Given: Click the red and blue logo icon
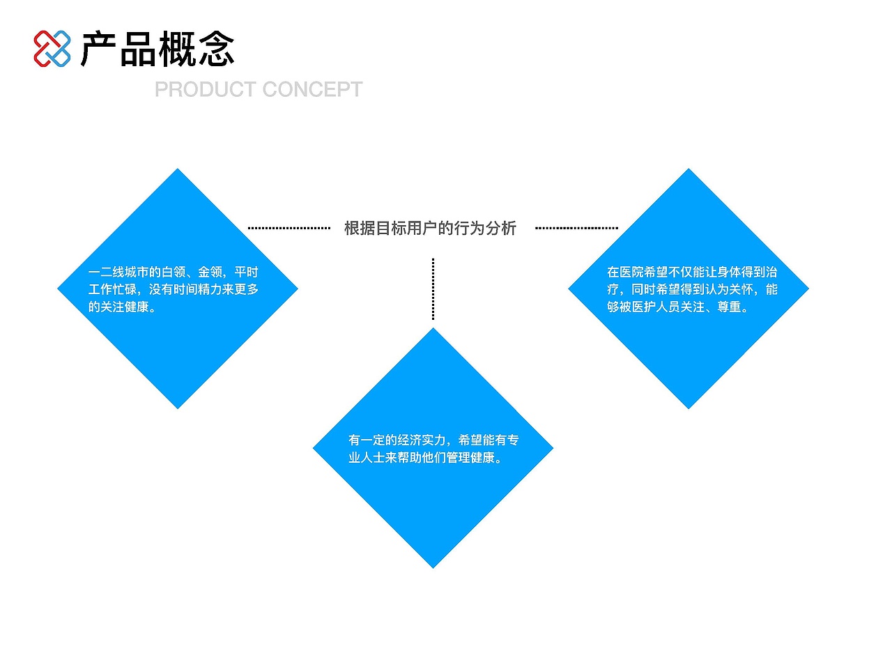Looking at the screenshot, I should tap(52, 49).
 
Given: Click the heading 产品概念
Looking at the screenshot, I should tap(157, 49).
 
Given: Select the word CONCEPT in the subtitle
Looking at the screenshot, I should tap(313, 89).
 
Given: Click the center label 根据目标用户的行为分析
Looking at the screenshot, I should tap(430, 228).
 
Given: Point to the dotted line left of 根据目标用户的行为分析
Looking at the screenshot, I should tap(289, 228).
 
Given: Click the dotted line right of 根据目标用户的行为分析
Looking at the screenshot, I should tap(576, 228).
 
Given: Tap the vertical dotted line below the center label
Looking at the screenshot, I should tap(433, 289).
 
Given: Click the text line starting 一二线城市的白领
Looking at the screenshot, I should tap(173, 272).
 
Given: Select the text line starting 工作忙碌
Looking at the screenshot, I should tap(173, 289).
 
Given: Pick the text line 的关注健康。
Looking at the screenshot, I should tap(123, 307).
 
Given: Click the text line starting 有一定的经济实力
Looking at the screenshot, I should tap(433, 440).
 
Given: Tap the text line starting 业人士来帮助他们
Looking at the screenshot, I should tap(426, 457).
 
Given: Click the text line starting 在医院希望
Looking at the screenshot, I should tap(692, 272).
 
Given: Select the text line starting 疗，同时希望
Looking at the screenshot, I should tap(692, 289).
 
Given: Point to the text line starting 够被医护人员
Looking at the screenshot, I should tap(678, 307).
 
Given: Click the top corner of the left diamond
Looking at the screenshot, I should tap(178, 171).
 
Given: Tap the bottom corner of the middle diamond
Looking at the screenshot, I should tap(433, 566).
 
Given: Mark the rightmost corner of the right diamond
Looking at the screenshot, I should tap(807, 289).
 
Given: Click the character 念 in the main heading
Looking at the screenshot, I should tap(217, 49).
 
